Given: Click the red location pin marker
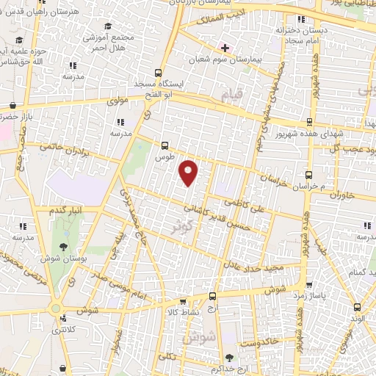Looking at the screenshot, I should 189,173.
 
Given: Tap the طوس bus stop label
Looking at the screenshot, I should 164,157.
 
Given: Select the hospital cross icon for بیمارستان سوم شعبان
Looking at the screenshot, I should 225,48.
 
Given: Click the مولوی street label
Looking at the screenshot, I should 119,100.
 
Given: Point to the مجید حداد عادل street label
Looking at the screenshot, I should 253,267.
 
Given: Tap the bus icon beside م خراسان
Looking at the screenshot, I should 309,176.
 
